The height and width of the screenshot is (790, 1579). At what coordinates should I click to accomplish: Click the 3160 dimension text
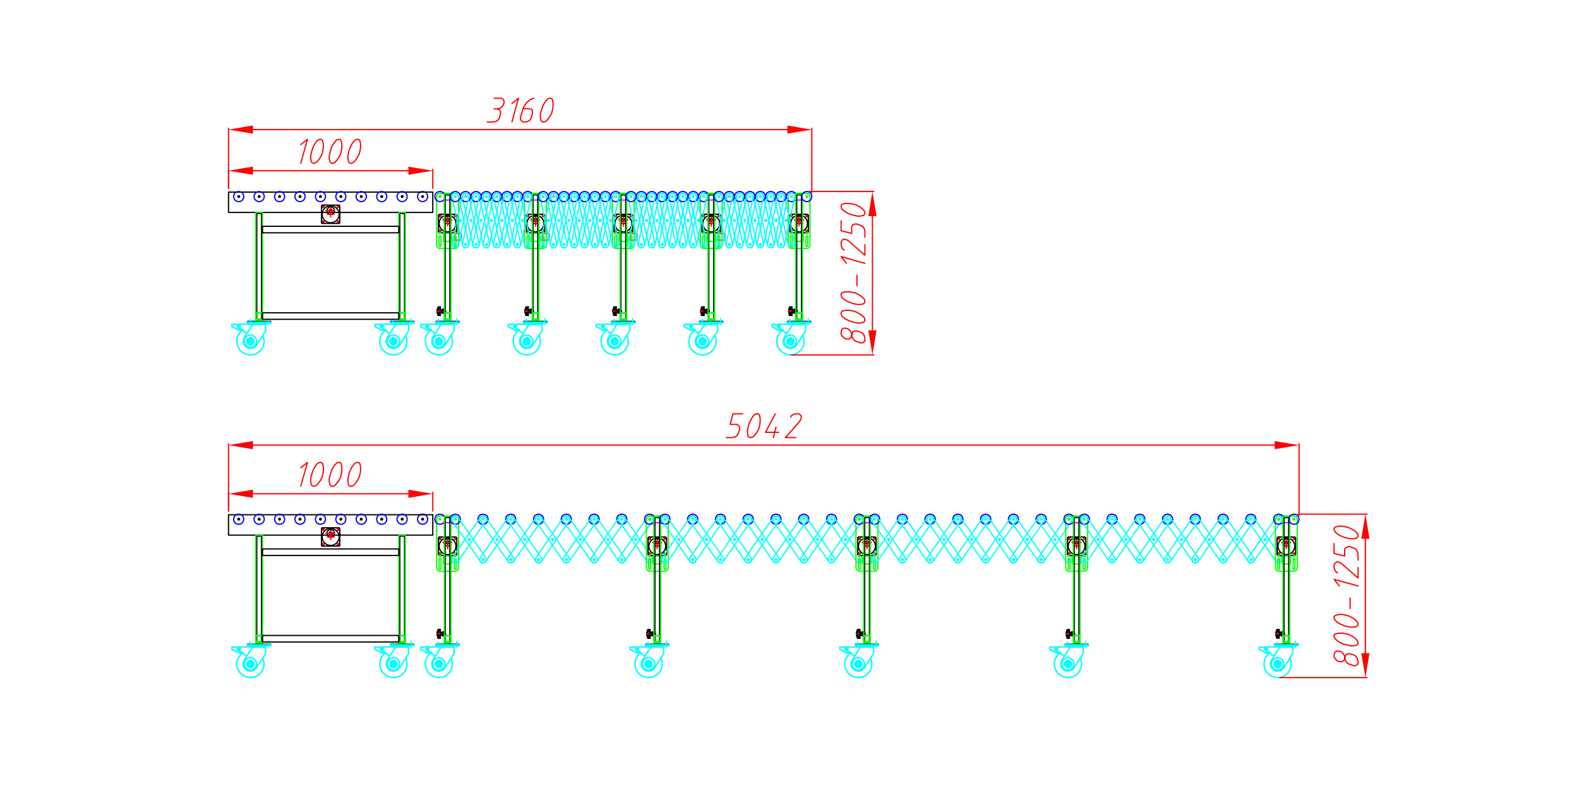(521, 111)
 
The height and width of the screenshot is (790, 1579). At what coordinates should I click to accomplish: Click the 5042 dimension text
(764, 426)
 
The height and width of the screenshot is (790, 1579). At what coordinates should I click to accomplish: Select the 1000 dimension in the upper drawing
(330, 152)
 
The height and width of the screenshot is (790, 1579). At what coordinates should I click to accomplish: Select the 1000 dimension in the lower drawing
(330, 475)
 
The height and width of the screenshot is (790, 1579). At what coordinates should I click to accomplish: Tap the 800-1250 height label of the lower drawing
(1347, 595)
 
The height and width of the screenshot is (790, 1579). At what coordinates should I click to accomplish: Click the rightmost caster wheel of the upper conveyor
(790, 341)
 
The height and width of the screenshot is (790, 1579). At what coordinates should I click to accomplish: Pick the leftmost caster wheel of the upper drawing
(250, 341)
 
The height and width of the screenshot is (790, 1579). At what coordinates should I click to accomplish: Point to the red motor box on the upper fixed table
(330, 214)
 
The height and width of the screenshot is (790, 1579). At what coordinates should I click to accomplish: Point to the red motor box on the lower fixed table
(330, 537)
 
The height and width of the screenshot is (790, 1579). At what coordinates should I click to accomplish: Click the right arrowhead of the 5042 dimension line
(1287, 445)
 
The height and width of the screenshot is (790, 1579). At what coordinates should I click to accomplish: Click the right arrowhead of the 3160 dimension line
(799, 130)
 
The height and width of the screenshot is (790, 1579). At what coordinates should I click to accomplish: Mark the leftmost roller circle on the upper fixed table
(239, 197)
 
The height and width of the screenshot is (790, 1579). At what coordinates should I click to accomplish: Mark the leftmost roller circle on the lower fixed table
(239, 520)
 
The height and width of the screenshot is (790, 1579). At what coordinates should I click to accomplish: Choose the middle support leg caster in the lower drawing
(858, 664)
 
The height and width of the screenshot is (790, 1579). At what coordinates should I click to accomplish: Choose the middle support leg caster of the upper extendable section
(615, 341)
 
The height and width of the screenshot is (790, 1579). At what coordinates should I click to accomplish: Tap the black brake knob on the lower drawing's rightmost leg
(1278, 633)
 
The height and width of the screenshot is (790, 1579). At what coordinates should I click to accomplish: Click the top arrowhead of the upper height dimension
(872, 204)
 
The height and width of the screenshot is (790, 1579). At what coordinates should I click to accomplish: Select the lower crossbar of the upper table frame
(330, 315)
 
